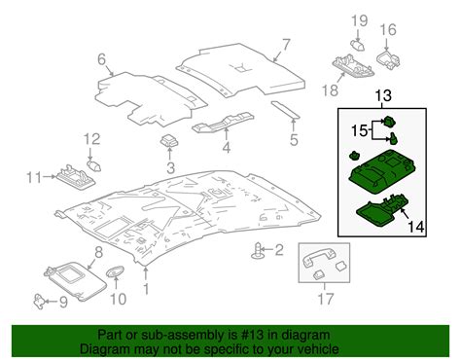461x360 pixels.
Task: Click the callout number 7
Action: [286, 44]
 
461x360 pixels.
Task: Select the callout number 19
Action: [356, 20]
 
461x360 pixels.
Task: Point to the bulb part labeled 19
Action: [357, 43]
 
